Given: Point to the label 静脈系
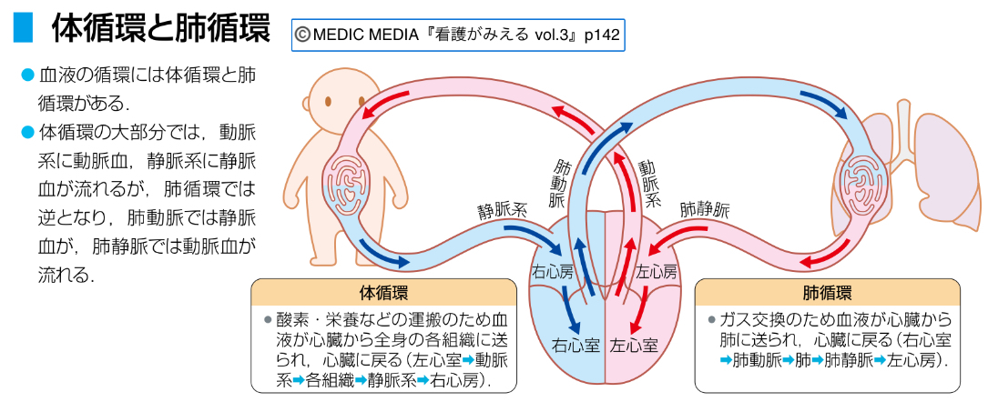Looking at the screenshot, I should click(502, 210).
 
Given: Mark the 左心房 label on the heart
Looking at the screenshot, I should click(656, 272).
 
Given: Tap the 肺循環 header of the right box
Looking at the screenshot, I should click(827, 293).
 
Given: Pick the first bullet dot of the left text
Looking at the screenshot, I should click(26, 74).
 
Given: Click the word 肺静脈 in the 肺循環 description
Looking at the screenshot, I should click(846, 360).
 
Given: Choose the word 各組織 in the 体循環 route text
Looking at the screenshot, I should click(331, 381).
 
